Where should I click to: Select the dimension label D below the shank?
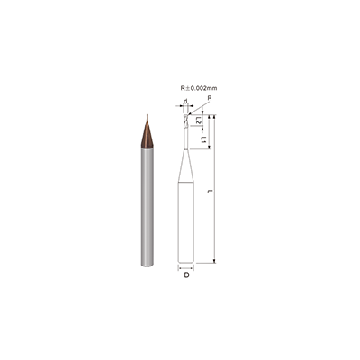pyautogui.click(x=186, y=275)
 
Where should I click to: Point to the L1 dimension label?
pyautogui.click(x=204, y=141)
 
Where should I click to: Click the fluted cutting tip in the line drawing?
pyautogui.click(x=186, y=121)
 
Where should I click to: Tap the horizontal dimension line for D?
pyautogui.click(x=186, y=268)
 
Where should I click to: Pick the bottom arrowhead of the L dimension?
pyautogui.click(x=216, y=261)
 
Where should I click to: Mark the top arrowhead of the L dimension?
pyautogui.click(x=216, y=117)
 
